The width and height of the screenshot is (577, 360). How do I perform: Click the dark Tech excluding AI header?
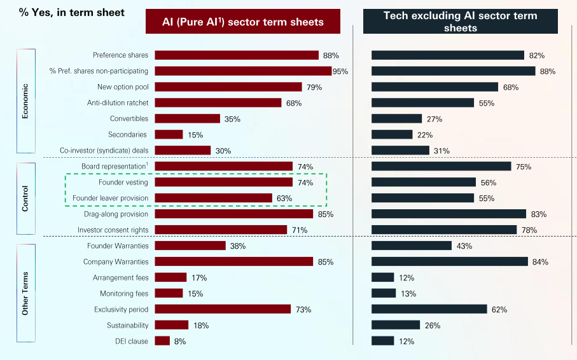coord(461,22)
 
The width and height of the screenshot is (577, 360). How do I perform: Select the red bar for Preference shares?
coord(237,55)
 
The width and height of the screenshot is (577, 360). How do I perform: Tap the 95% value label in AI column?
coord(340,71)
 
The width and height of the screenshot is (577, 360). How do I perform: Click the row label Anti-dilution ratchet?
coord(118,102)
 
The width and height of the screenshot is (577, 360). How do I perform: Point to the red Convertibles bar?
coord(187,118)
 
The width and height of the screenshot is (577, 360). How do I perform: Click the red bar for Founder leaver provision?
coord(213,198)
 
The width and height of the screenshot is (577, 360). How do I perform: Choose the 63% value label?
coord(284,198)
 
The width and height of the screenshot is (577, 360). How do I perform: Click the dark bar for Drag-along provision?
coord(448,214)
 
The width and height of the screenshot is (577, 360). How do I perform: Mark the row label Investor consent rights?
coord(113,230)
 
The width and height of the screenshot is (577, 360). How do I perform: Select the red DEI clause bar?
coord(162,341)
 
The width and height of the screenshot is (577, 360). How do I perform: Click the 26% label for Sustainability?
coord(433,326)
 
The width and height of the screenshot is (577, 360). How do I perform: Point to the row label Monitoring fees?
coord(124,293)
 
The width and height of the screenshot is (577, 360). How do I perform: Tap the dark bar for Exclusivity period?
coord(429,309)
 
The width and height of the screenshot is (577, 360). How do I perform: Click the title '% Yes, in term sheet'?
coord(62,12)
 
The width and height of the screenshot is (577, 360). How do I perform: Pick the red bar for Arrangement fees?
coord(170,277)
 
